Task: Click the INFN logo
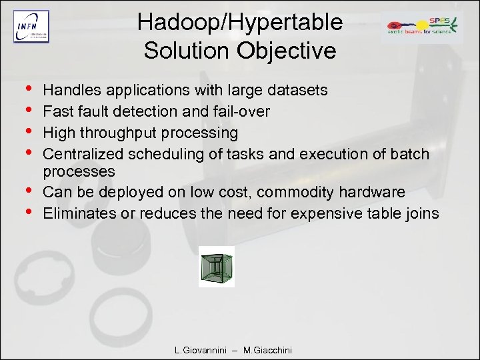point(31,27)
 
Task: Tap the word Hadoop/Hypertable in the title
point(240,23)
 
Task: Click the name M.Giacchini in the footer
point(267,350)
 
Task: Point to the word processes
point(79,171)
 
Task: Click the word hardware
point(373,192)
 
